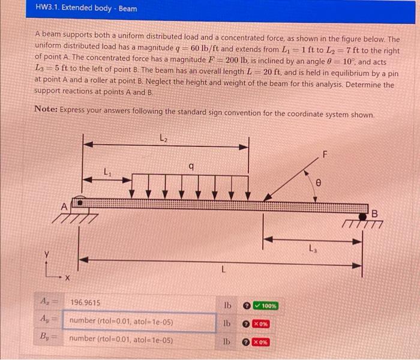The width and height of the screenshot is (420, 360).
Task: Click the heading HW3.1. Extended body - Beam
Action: click(x=86, y=8)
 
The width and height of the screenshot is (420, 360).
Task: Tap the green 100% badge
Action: click(x=265, y=305)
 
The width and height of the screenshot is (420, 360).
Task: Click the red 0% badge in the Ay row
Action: click(x=260, y=324)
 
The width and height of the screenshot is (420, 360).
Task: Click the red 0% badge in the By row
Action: click(x=260, y=343)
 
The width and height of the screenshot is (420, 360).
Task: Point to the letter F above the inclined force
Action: click(x=325, y=155)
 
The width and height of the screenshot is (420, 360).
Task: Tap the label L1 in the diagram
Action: click(x=108, y=173)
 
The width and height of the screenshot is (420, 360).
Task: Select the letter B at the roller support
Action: click(x=376, y=212)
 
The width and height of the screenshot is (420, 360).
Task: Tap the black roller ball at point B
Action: click(x=362, y=215)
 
